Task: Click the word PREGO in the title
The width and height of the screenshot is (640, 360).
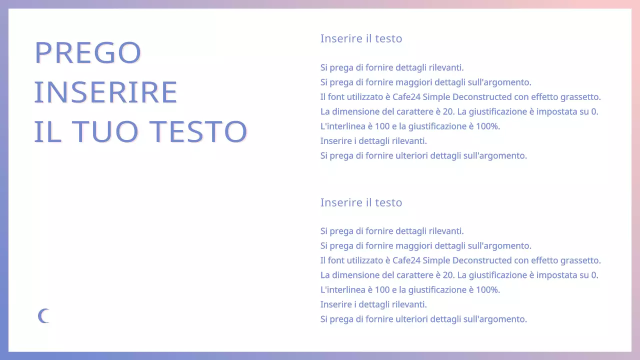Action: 88,52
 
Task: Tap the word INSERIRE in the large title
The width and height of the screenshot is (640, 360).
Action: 106,92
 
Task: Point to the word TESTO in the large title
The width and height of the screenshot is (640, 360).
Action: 199,131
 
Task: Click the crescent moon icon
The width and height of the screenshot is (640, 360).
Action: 44,316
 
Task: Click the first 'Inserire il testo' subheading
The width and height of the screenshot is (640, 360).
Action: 361,38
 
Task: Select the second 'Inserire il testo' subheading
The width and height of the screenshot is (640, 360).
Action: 361,202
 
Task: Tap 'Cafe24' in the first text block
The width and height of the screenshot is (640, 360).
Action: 406,97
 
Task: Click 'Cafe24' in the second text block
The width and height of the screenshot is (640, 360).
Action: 406,260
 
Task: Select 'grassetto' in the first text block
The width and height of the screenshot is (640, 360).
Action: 580,97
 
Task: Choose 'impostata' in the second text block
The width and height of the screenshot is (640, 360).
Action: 558,275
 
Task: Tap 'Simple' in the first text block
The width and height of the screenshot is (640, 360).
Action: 436,97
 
